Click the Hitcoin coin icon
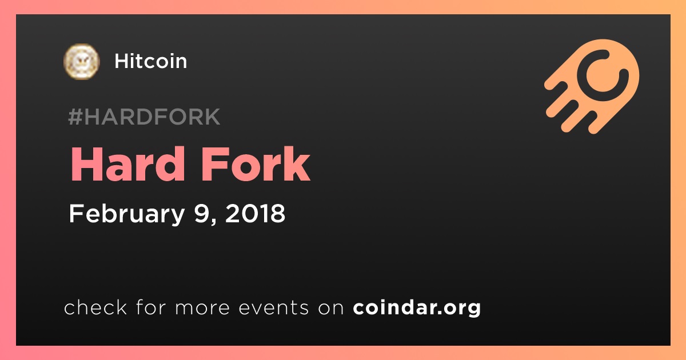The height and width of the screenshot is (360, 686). click(81, 62)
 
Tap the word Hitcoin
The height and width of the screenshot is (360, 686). click(150, 61)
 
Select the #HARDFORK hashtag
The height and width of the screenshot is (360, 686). click(144, 117)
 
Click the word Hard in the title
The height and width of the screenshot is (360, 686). click(127, 164)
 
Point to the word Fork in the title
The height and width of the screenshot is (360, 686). click(256, 164)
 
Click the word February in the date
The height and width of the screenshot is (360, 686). click(127, 214)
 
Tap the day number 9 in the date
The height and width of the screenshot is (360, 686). click(201, 213)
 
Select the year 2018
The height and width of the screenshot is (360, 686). click(255, 213)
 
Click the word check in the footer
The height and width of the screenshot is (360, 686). click(95, 307)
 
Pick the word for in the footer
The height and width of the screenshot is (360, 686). click(151, 307)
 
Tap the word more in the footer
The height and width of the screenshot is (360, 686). click(202, 308)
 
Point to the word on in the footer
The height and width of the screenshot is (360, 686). click(331, 309)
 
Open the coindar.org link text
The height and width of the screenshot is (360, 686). click(417, 308)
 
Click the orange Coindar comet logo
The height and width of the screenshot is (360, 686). click(592, 86)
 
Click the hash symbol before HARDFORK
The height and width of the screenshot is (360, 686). click(75, 117)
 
